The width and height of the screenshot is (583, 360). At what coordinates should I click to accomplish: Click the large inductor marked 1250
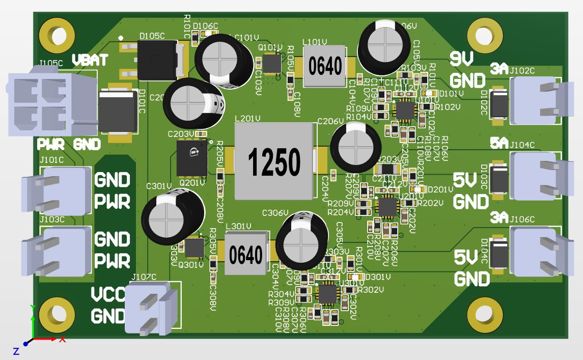(273, 161)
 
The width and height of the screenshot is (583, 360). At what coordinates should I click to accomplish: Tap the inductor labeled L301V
(246, 254)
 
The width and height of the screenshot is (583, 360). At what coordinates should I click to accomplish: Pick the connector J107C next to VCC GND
(151, 309)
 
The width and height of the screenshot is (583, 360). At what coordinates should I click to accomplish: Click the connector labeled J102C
(535, 101)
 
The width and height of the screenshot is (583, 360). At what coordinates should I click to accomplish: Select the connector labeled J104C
(535, 176)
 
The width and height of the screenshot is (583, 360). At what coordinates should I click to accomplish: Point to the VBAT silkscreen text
(90, 60)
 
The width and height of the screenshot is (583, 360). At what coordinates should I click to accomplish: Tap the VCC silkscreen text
(107, 295)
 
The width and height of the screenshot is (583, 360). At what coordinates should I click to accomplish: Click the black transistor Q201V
(191, 157)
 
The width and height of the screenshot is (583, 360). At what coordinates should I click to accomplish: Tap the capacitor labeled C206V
(355, 146)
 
